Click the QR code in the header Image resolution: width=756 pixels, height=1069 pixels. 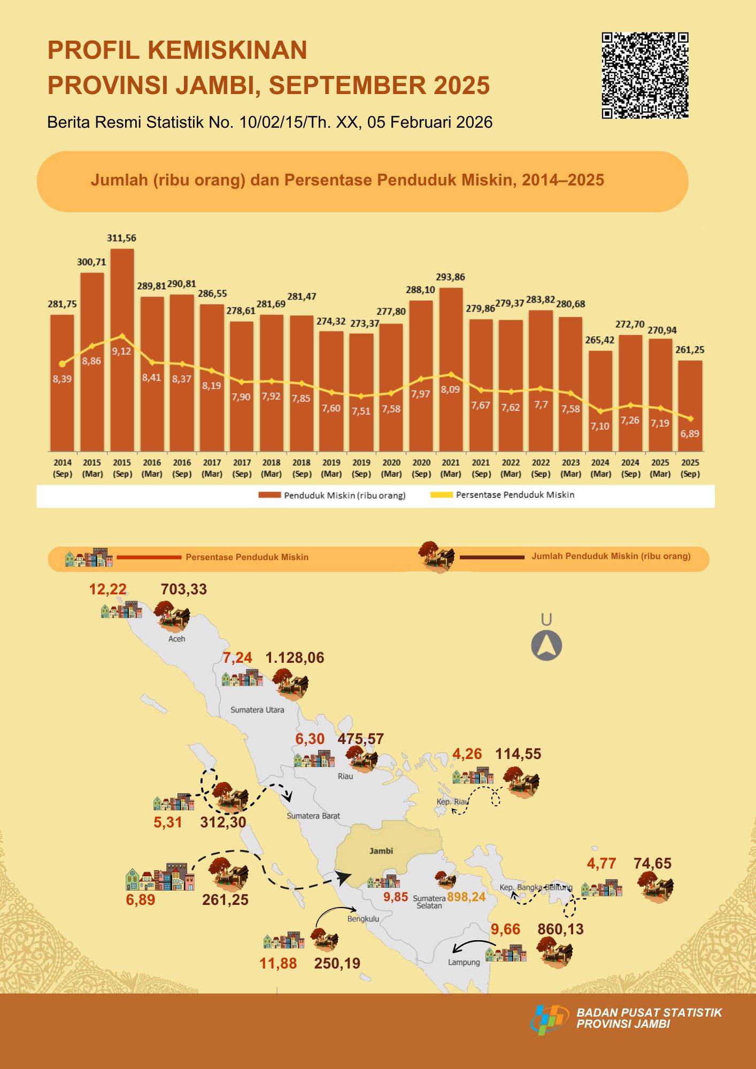[x=645, y=75]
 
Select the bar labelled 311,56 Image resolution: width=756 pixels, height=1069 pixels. [x=122, y=350]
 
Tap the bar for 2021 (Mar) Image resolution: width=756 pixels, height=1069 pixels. [x=451, y=369]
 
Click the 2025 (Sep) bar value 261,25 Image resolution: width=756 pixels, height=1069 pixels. [x=690, y=350]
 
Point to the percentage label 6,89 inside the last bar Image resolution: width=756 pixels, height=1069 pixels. [x=690, y=434]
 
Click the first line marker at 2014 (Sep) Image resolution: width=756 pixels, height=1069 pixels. [x=62, y=364]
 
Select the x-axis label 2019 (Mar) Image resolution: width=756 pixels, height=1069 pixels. [x=331, y=468]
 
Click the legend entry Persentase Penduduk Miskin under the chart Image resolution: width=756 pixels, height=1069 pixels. [x=515, y=495]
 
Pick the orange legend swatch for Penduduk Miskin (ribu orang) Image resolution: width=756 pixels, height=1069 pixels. [x=269, y=495]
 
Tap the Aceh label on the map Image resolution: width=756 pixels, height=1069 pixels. [x=177, y=639]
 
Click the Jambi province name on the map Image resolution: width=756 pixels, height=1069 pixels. [x=381, y=851]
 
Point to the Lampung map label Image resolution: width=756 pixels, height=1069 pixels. [x=464, y=962]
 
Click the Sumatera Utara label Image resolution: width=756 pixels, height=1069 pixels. [x=257, y=710]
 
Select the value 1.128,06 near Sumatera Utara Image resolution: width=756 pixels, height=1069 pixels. [x=295, y=658]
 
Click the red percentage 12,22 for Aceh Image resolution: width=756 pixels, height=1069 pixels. [x=108, y=590]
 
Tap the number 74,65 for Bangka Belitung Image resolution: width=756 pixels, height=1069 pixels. [x=652, y=863]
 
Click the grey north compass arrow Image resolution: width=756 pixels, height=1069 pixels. [x=546, y=646]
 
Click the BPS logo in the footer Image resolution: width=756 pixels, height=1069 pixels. [x=550, y=1018]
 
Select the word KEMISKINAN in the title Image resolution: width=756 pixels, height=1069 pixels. [x=227, y=50]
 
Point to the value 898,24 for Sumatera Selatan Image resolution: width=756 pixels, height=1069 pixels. [x=466, y=897]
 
